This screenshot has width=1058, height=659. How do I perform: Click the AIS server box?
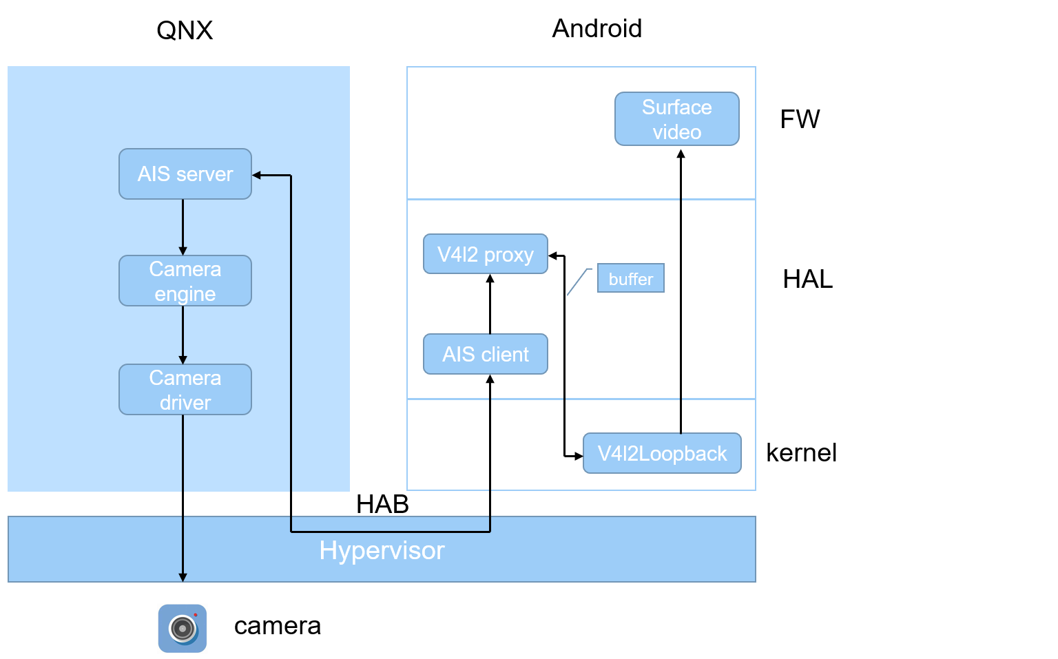click(x=185, y=174)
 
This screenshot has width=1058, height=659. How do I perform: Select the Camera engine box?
click(x=185, y=281)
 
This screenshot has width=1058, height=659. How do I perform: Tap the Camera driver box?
click(x=185, y=390)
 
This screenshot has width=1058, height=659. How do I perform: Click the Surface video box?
click(x=676, y=119)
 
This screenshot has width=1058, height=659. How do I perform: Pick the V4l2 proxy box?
click(x=485, y=254)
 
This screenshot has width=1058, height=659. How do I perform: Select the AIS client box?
click(x=485, y=354)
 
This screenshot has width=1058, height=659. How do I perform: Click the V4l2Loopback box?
click(x=661, y=453)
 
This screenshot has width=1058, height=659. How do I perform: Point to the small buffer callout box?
click(x=630, y=278)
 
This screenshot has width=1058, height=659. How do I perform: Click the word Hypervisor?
click(x=382, y=550)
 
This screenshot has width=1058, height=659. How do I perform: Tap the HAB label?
click(x=382, y=504)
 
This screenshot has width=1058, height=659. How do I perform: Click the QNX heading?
click(x=185, y=30)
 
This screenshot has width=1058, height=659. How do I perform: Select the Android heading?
click(x=597, y=29)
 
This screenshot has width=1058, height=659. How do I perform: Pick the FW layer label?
click(x=800, y=119)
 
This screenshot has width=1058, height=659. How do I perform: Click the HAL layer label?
click(x=807, y=279)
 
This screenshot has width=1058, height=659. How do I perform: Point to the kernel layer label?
click(x=801, y=452)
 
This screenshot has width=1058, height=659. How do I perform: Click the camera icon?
click(x=183, y=628)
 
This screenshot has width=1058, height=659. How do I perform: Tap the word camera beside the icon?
click(x=278, y=625)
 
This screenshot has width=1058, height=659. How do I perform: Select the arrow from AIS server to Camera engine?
click(x=183, y=227)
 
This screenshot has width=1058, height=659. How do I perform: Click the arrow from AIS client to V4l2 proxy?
click(x=490, y=304)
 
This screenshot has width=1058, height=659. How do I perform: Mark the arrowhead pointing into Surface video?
click(x=681, y=154)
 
